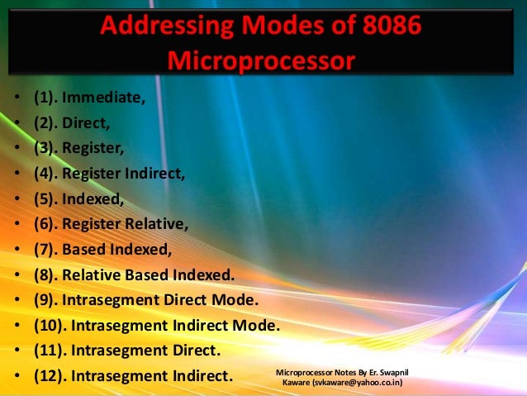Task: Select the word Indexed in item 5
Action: [99, 198]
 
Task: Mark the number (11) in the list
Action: [50, 351]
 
